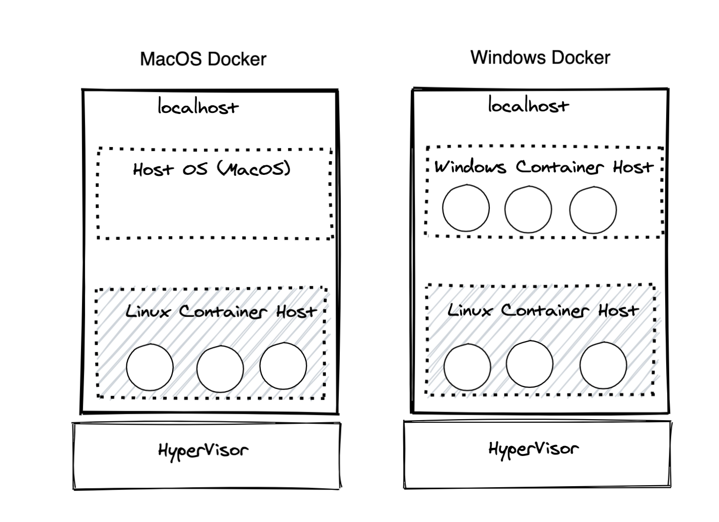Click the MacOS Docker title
(203, 59)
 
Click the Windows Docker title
(540, 57)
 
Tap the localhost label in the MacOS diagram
(198, 107)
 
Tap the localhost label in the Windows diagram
(528, 105)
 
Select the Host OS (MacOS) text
(212, 169)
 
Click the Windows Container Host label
(544, 167)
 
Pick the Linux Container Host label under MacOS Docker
(221, 311)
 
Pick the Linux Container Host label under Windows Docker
(543, 310)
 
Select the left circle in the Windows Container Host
(466, 208)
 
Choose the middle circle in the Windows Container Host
(528, 209)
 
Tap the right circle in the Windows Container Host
(593, 210)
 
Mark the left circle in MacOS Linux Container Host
(150, 367)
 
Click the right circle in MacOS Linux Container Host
(283, 366)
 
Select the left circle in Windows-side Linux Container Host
(467, 367)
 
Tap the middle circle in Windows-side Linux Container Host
(529, 364)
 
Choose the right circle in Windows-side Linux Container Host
(603, 365)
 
